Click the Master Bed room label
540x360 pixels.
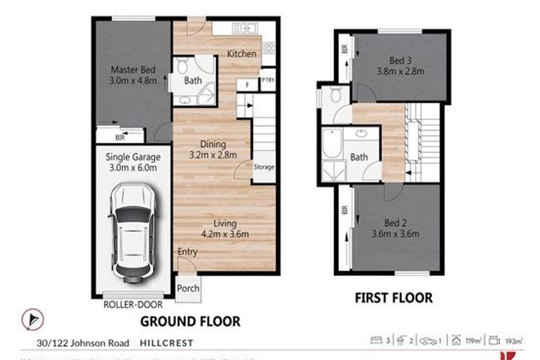(x=131, y=75)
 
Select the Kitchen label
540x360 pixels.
(x=241, y=54)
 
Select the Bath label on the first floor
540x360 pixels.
(x=359, y=156)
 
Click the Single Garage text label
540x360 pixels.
(x=130, y=162)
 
